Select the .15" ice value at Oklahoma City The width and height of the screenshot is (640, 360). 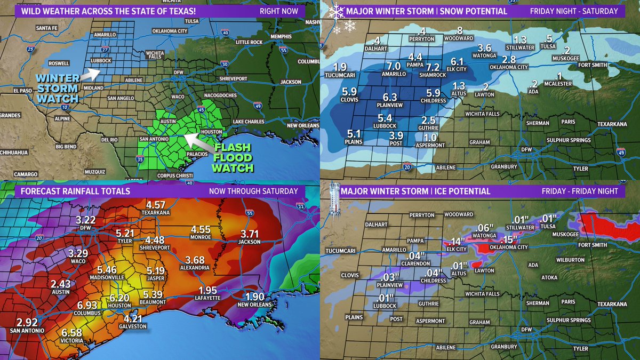508,239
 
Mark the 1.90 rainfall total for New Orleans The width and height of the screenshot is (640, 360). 258,297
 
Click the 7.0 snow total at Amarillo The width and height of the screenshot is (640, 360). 393,66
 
